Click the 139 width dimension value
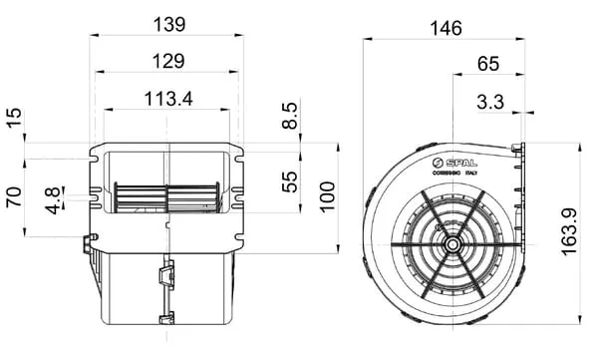(x=169, y=25)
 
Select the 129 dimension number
(x=168, y=61)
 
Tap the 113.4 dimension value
(x=168, y=99)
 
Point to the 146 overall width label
(x=446, y=29)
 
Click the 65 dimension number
(x=487, y=64)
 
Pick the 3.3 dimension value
(x=490, y=102)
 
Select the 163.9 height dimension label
(x=570, y=231)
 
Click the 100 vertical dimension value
(x=327, y=197)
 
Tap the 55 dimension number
(x=289, y=181)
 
